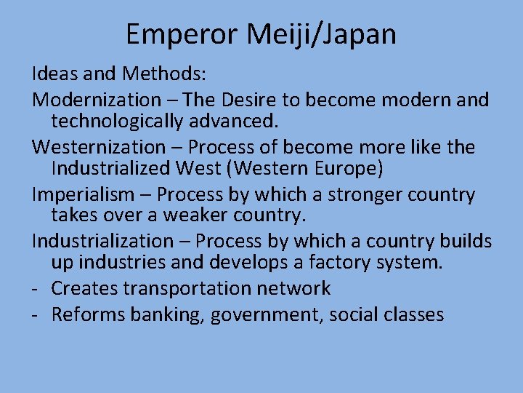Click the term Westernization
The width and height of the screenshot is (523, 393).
coord(99,147)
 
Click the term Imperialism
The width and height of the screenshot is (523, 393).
coord(84,195)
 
